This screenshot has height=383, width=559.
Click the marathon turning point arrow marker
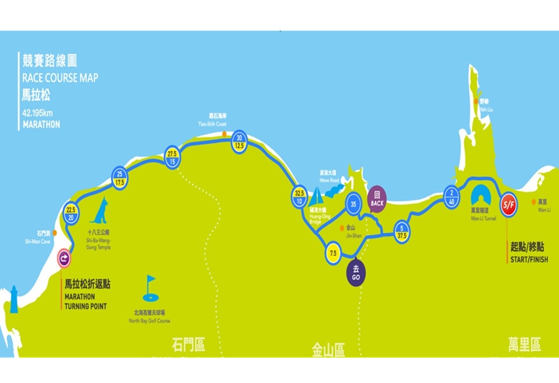[65, 258]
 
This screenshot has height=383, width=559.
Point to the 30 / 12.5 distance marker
[240, 142]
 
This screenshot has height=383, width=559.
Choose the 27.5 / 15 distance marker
[172, 157]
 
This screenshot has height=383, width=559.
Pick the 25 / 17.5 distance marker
[120, 178]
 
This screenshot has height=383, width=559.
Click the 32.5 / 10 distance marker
[299, 197]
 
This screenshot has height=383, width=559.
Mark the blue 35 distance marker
[353, 204]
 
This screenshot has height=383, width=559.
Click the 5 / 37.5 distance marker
[401, 231]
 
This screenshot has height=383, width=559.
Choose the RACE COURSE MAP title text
[60, 78]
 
